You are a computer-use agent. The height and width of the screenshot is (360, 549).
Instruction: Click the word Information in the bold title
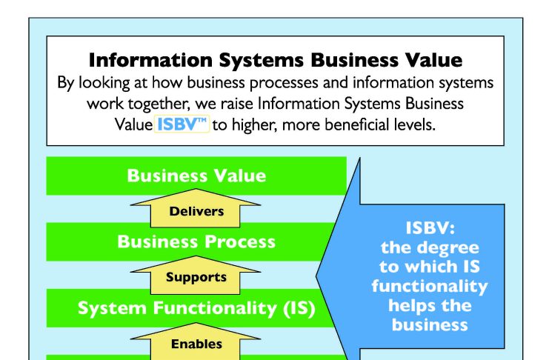[150, 60]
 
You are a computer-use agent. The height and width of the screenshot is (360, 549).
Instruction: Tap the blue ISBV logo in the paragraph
[182, 124]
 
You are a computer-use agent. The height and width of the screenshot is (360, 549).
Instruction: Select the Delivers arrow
[196, 208]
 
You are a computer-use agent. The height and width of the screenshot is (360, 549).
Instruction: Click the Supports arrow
[196, 275]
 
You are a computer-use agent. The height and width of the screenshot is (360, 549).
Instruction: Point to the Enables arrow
[196, 341]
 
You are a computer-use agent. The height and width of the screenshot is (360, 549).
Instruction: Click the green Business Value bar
[196, 176]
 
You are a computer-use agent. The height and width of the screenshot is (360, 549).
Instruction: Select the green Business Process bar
[191, 241]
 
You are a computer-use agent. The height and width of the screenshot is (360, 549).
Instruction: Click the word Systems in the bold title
[262, 60]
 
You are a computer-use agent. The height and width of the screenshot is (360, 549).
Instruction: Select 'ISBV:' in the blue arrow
[430, 228]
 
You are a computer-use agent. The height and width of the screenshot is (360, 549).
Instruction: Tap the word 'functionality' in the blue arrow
[430, 286]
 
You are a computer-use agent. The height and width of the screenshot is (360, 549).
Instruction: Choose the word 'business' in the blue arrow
[430, 324]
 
